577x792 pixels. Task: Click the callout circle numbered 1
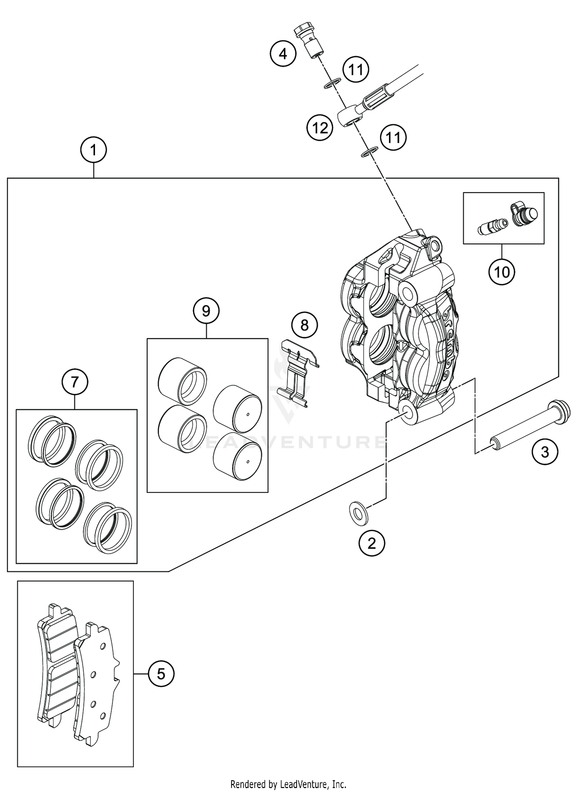pos(93,150)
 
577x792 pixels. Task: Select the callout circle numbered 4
pos(283,54)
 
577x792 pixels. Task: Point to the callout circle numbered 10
pos(502,272)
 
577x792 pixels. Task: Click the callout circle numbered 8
pos(304,325)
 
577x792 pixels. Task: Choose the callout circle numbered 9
pos(206,310)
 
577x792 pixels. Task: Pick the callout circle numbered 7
pos(75,382)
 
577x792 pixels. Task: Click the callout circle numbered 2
pos(371,543)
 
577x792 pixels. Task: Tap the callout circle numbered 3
pos(545,452)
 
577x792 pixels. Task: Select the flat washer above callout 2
pos(359,513)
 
